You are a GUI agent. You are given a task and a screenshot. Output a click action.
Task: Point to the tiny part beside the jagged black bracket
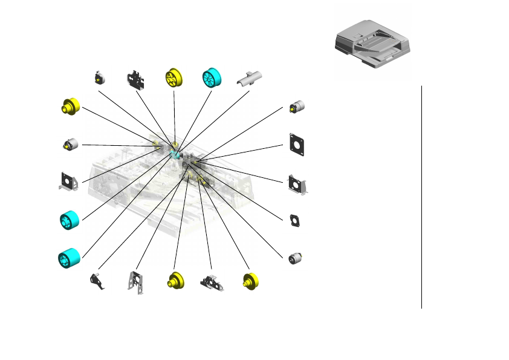click(x=98, y=77)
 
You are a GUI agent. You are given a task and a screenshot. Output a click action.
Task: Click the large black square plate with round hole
click(x=296, y=144)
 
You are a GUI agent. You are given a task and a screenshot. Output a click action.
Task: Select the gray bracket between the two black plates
click(x=297, y=184)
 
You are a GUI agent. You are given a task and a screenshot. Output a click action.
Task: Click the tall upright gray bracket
click(x=136, y=282)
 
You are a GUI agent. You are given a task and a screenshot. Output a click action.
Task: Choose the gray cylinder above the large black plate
click(x=297, y=106)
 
